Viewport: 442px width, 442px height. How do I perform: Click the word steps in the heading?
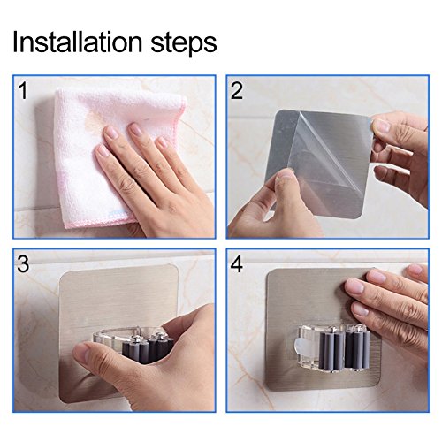tap(184, 45)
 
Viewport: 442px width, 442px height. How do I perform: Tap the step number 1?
tap(23, 90)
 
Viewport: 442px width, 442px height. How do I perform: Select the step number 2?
tap(237, 90)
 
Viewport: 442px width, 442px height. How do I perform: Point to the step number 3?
tap(23, 263)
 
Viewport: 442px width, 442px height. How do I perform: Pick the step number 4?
tap(237, 263)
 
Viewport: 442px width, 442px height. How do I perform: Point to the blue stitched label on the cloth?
tap(118, 213)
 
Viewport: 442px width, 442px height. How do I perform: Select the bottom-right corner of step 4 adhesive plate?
tap(378, 385)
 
